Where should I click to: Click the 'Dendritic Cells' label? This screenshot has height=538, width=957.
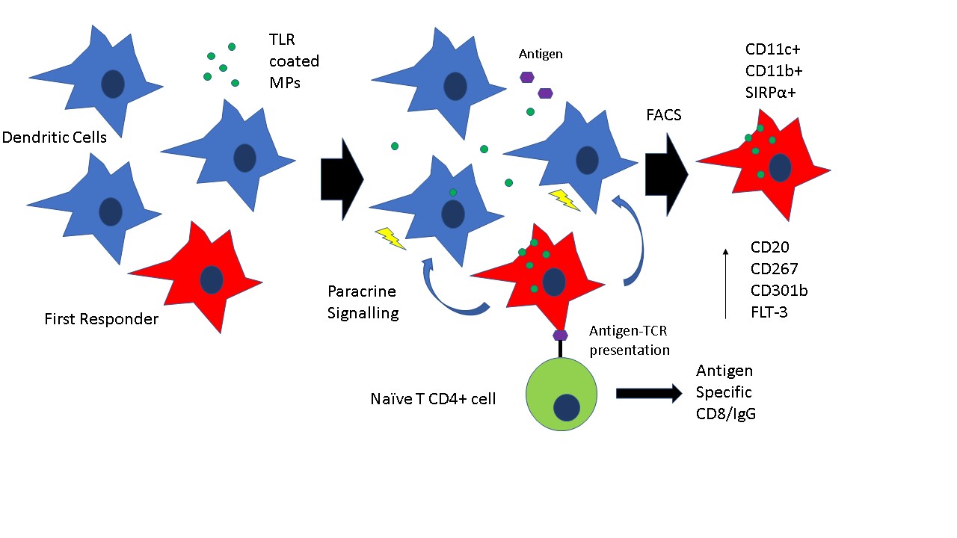54,137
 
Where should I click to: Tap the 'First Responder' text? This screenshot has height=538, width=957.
102,320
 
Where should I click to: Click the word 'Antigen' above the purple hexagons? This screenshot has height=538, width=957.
541,55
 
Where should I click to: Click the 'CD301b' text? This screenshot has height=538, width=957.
778,290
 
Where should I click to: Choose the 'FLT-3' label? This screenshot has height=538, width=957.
769,312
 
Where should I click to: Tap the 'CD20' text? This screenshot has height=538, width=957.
769,247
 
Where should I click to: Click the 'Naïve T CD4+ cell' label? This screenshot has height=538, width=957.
433,399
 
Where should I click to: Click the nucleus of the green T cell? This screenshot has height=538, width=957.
567,408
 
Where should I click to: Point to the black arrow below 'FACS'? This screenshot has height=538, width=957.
666,176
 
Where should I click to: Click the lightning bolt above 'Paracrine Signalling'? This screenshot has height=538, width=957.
390,238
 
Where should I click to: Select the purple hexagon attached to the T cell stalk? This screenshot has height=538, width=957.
559,335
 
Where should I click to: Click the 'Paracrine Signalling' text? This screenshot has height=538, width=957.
363,302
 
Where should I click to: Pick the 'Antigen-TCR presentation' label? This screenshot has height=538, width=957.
630,340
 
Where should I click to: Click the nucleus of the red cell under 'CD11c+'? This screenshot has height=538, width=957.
781,168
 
